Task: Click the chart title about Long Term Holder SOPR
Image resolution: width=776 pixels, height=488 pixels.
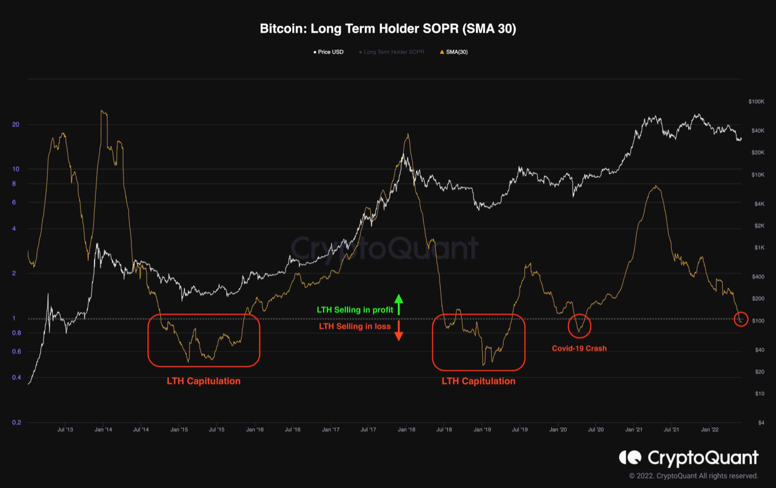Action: point(388,29)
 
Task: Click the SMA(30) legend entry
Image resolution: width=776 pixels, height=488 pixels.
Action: point(454,52)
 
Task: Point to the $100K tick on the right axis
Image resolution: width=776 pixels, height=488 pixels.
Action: point(757,101)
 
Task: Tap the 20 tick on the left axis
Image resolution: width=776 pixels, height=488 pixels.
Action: point(16,125)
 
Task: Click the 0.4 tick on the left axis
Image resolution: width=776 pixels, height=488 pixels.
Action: point(16,378)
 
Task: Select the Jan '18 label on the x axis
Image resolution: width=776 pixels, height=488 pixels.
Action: point(406,430)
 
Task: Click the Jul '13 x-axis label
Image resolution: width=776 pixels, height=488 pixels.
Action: point(65,430)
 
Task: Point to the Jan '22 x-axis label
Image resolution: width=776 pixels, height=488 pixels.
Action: point(710,430)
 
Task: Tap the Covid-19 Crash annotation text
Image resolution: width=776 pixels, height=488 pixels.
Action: point(579,348)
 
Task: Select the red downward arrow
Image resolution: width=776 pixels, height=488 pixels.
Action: point(398,331)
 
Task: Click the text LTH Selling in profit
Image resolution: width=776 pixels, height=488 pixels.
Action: point(355,310)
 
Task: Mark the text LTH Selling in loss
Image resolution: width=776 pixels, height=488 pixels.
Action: point(355,327)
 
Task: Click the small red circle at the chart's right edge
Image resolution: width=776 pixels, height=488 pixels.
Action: point(740,319)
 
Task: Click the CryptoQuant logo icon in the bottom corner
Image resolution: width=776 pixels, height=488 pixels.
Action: point(629,457)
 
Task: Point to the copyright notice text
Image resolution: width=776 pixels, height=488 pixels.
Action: point(694,476)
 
